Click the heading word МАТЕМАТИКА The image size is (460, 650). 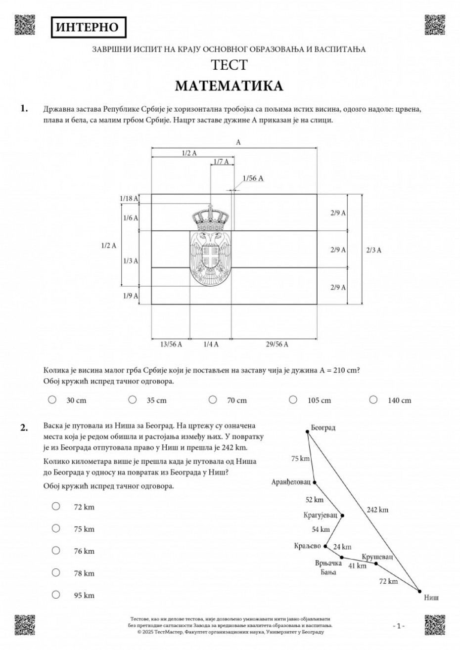pyautogui.click(x=229, y=86)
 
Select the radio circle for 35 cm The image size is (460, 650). pyautogui.click(x=133, y=399)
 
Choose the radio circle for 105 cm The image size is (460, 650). pyautogui.click(x=293, y=399)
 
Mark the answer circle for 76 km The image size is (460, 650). pyautogui.click(x=56, y=550)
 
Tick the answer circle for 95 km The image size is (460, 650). pyautogui.click(x=56, y=595)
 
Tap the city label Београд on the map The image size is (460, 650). pyautogui.click(x=323, y=428)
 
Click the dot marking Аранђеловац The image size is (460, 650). pyautogui.click(x=315, y=482)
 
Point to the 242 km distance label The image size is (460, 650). pyautogui.click(x=377, y=510)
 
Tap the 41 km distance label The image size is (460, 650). pyautogui.click(x=358, y=565)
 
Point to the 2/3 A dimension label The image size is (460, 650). pyautogui.click(x=373, y=250)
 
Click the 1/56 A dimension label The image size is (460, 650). pyautogui.click(x=253, y=178)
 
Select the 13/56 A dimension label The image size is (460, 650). pyautogui.click(x=170, y=344)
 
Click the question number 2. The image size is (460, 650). pyautogui.click(x=24, y=428)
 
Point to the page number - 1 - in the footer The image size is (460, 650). pyautogui.click(x=399, y=626)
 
